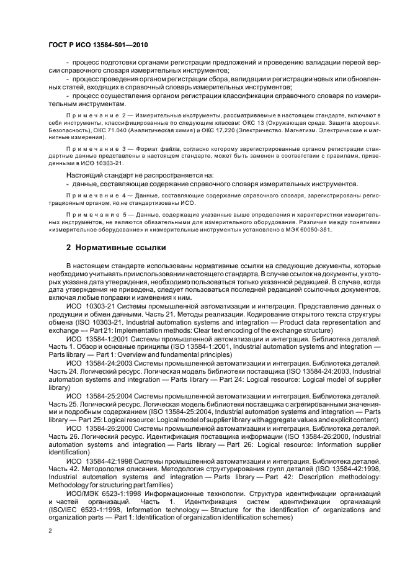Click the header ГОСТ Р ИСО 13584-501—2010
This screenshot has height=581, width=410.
click(97, 46)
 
